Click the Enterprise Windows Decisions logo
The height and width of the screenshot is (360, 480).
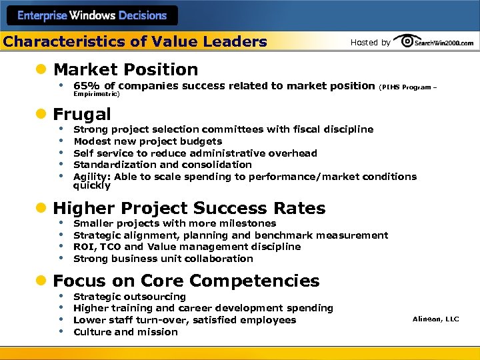[x=91, y=15]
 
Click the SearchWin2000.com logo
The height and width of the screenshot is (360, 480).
[x=434, y=41]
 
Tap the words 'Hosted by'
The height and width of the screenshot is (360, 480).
[x=370, y=42]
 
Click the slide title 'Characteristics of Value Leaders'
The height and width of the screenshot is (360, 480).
[x=135, y=42]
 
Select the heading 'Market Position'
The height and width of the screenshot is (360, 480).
[x=125, y=69]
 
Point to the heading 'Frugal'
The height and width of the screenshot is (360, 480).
[x=82, y=114]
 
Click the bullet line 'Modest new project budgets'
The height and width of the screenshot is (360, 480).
[x=147, y=141]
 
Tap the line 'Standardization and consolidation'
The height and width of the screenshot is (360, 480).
[x=162, y=165]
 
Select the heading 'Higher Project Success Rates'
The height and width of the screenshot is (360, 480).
[x=189, y=208]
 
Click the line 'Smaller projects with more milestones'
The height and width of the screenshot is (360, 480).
[x=174, y=223]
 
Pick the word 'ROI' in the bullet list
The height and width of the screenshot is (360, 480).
[x=82, y=247]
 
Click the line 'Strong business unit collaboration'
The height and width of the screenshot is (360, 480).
[x=163, y=259]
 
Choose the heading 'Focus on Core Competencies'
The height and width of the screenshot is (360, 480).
[x=186, y=281]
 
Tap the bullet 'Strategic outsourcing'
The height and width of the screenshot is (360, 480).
[x=129, y=297]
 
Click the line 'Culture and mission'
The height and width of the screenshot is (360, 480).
[x=125, y=332]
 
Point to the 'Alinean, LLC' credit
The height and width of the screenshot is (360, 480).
[x=436, y=319]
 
